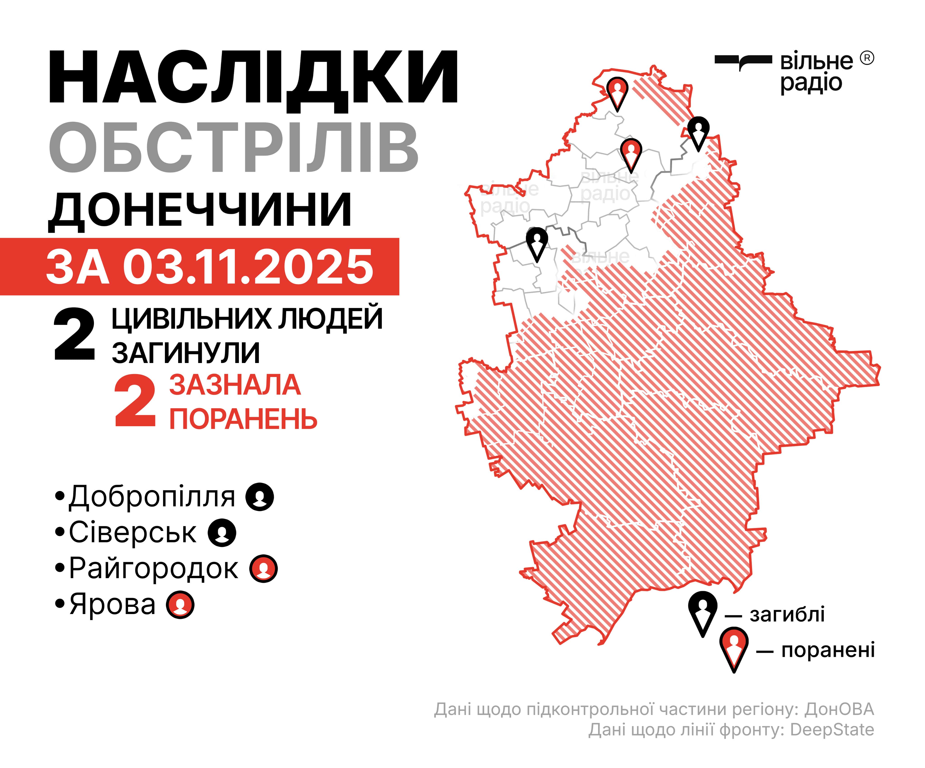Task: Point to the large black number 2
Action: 74,335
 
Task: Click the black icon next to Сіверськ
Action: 222,533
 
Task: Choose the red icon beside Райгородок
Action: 263,568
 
